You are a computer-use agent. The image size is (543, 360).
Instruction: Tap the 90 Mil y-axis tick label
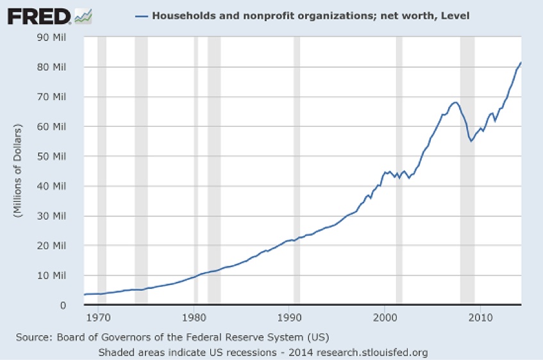pyautogui.click(x=54, y=37)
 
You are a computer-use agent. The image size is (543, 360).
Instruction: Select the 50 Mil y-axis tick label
pyautogui.click(x=54, y=156)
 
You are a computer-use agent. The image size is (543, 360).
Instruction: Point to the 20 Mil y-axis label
pyautogui.click(x=54, y=245)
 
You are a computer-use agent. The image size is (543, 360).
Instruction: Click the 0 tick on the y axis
pyautogui.click(x=63, y=305)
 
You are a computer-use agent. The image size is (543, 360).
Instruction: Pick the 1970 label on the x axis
pyautogui.click(x=99, y=316)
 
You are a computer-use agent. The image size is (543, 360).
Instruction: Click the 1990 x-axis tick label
pyautogui.click(x=290, y=316)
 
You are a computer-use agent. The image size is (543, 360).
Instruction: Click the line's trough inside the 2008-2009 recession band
pyautogui.click(x=471, y=141)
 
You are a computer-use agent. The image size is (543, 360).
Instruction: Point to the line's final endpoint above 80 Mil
pyautogui.click(x=521, y=63)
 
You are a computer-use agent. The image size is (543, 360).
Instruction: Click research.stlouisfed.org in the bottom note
pyautogui.click(x=378, y=352)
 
